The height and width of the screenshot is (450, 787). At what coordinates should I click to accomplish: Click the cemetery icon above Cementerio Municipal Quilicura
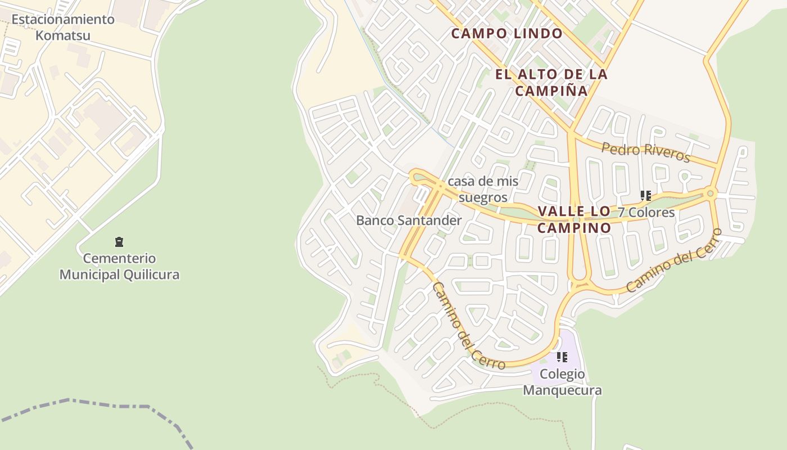pos(119,242)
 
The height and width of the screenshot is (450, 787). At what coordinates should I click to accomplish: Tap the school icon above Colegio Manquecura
pos(562,357)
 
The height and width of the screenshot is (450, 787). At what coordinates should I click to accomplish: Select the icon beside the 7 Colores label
pos(646,196)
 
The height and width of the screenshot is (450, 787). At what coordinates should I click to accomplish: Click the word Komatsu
pos(63,35)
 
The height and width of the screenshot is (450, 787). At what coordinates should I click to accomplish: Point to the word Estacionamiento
pos(63,19)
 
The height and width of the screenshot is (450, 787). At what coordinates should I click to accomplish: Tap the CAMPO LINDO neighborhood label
pos(506,33)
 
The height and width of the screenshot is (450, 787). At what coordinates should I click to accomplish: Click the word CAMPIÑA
pos(551,91)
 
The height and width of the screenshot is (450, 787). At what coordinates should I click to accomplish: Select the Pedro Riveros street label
pos(645,152)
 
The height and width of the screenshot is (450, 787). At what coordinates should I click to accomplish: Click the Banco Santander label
pos(409,220)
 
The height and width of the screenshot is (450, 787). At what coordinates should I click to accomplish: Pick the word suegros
pos(483,197)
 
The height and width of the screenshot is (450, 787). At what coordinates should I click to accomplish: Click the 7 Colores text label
pos(646,213)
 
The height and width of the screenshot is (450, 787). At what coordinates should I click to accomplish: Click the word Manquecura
pos(562,390)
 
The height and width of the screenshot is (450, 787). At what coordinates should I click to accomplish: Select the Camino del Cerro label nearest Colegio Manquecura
pos(467,326)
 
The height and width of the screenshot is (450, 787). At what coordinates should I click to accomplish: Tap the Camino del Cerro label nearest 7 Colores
pos(673,260)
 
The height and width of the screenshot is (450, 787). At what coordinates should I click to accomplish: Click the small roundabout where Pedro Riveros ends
pos(711,193)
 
